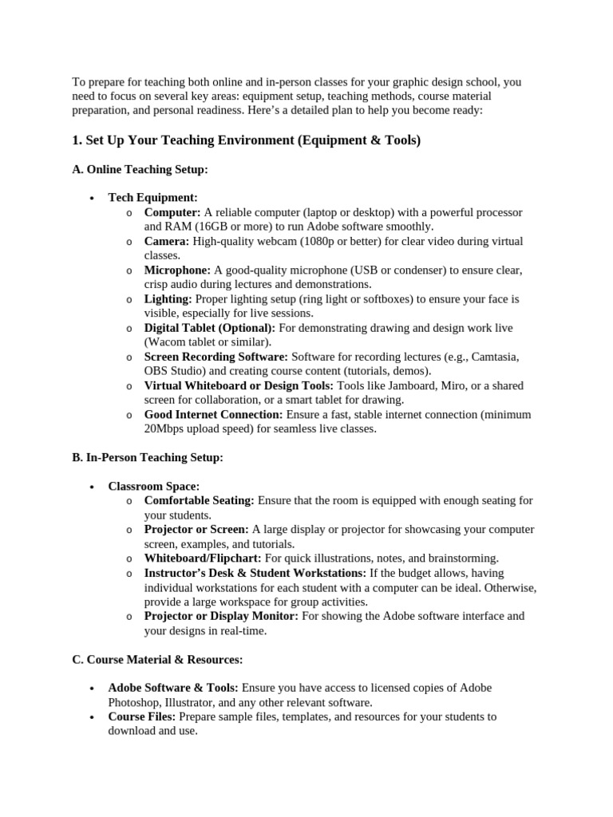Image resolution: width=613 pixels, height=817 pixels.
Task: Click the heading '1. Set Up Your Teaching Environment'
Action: coord(246,140)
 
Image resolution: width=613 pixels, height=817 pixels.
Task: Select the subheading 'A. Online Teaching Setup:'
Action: coord(140,169)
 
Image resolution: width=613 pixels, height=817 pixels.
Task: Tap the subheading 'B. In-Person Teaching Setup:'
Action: coord(148,457)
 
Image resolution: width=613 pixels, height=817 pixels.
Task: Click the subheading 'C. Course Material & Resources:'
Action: coord(157,659)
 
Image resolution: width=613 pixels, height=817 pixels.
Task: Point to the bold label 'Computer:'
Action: coord(172,212)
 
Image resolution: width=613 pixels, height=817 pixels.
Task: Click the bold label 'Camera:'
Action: coord(167,241)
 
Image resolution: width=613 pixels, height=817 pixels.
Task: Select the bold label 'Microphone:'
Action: coord(177,270)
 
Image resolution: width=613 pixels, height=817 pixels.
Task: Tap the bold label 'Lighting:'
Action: coord(168,299)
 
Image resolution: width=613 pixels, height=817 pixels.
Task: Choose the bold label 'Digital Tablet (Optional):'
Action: coord(209,328)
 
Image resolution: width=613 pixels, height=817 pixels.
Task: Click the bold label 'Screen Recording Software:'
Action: coord(216,357)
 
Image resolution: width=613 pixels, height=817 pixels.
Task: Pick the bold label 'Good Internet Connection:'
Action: coord(213,414)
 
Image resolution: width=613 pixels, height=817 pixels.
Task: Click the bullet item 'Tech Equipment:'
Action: coord(152,198)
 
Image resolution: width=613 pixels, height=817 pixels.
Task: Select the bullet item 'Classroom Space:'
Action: coord(154,486)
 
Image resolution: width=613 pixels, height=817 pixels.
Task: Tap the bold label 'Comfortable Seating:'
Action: coord(199,500)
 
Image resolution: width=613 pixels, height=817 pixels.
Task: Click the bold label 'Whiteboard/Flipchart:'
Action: coord(203,558)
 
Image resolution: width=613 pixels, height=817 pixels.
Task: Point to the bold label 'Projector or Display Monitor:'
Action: coord(221,616)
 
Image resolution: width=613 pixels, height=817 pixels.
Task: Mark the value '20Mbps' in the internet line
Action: coord(164,428)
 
